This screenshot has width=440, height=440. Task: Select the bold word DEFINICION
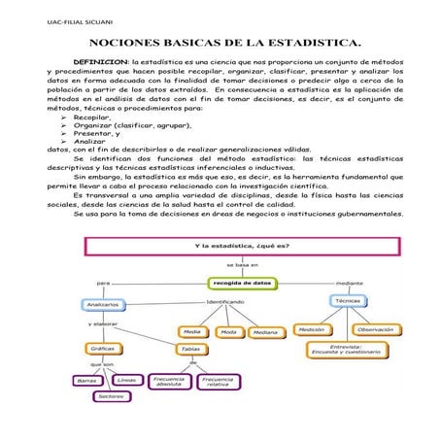[95, 62]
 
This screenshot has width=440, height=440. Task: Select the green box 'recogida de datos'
[243, 283]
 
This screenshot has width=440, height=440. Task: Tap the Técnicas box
[348, 301]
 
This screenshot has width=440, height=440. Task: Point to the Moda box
[228, 331]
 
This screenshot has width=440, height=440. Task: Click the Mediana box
[263, 331]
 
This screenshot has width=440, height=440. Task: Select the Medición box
[312, 329]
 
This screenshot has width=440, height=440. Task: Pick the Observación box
[375, 329]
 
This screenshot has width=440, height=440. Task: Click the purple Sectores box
[112, 396]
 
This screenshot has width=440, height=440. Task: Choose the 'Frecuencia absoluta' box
[169, 382]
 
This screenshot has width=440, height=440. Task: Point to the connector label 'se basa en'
[242, 264]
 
